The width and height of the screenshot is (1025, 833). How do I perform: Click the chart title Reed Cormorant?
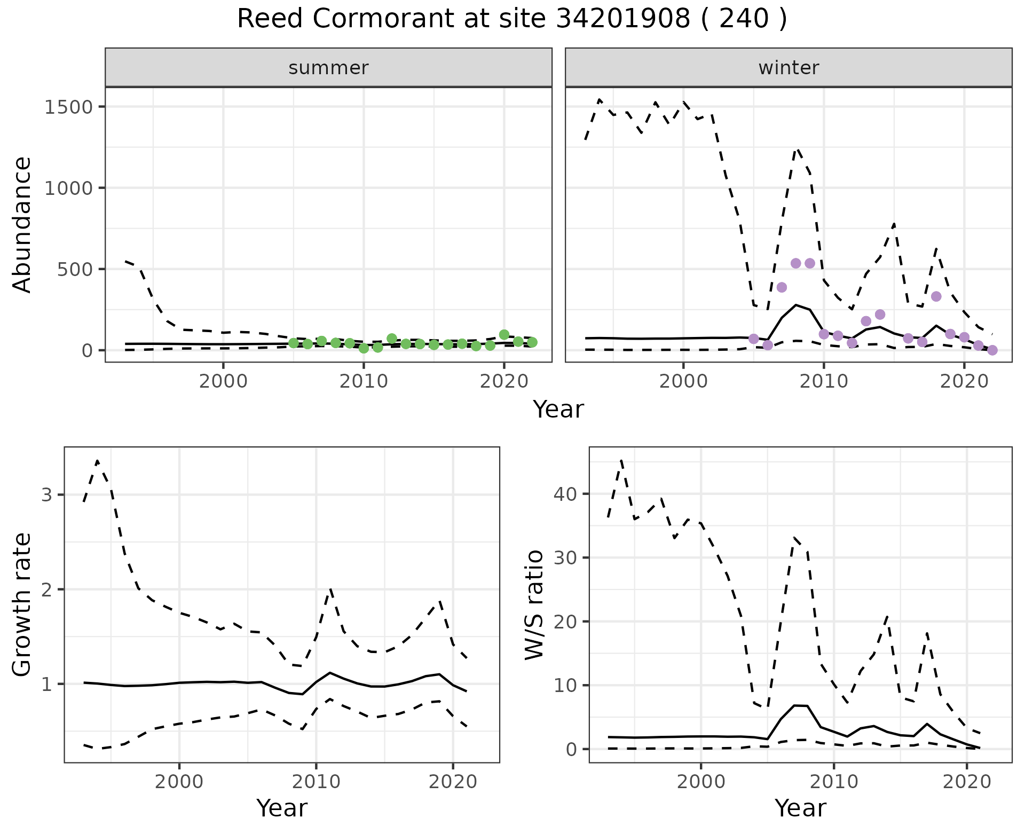click(511, 19)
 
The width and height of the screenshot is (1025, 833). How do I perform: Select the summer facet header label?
click(328, 68)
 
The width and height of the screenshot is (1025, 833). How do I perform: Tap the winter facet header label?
click(789, 68)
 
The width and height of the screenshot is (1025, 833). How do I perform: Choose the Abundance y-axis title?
click(22, 224)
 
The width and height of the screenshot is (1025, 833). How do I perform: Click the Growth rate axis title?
click(22, 604)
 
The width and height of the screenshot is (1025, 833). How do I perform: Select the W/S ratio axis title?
click(534, 604)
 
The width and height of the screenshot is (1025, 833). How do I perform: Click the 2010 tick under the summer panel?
click(364, 382)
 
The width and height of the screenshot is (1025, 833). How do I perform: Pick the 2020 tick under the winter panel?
click(964, 382)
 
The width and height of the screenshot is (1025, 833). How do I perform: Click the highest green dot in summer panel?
click(504, 335)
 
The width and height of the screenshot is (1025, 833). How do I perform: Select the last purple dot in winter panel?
click(992, 350)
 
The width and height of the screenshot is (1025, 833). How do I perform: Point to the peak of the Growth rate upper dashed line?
click(98, 460)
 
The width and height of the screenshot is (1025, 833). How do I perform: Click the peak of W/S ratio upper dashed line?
click(621, 460)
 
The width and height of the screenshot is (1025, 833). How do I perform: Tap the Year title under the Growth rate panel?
click(282, 808)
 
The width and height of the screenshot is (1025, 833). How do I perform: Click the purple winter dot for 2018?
click(936, 296)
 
